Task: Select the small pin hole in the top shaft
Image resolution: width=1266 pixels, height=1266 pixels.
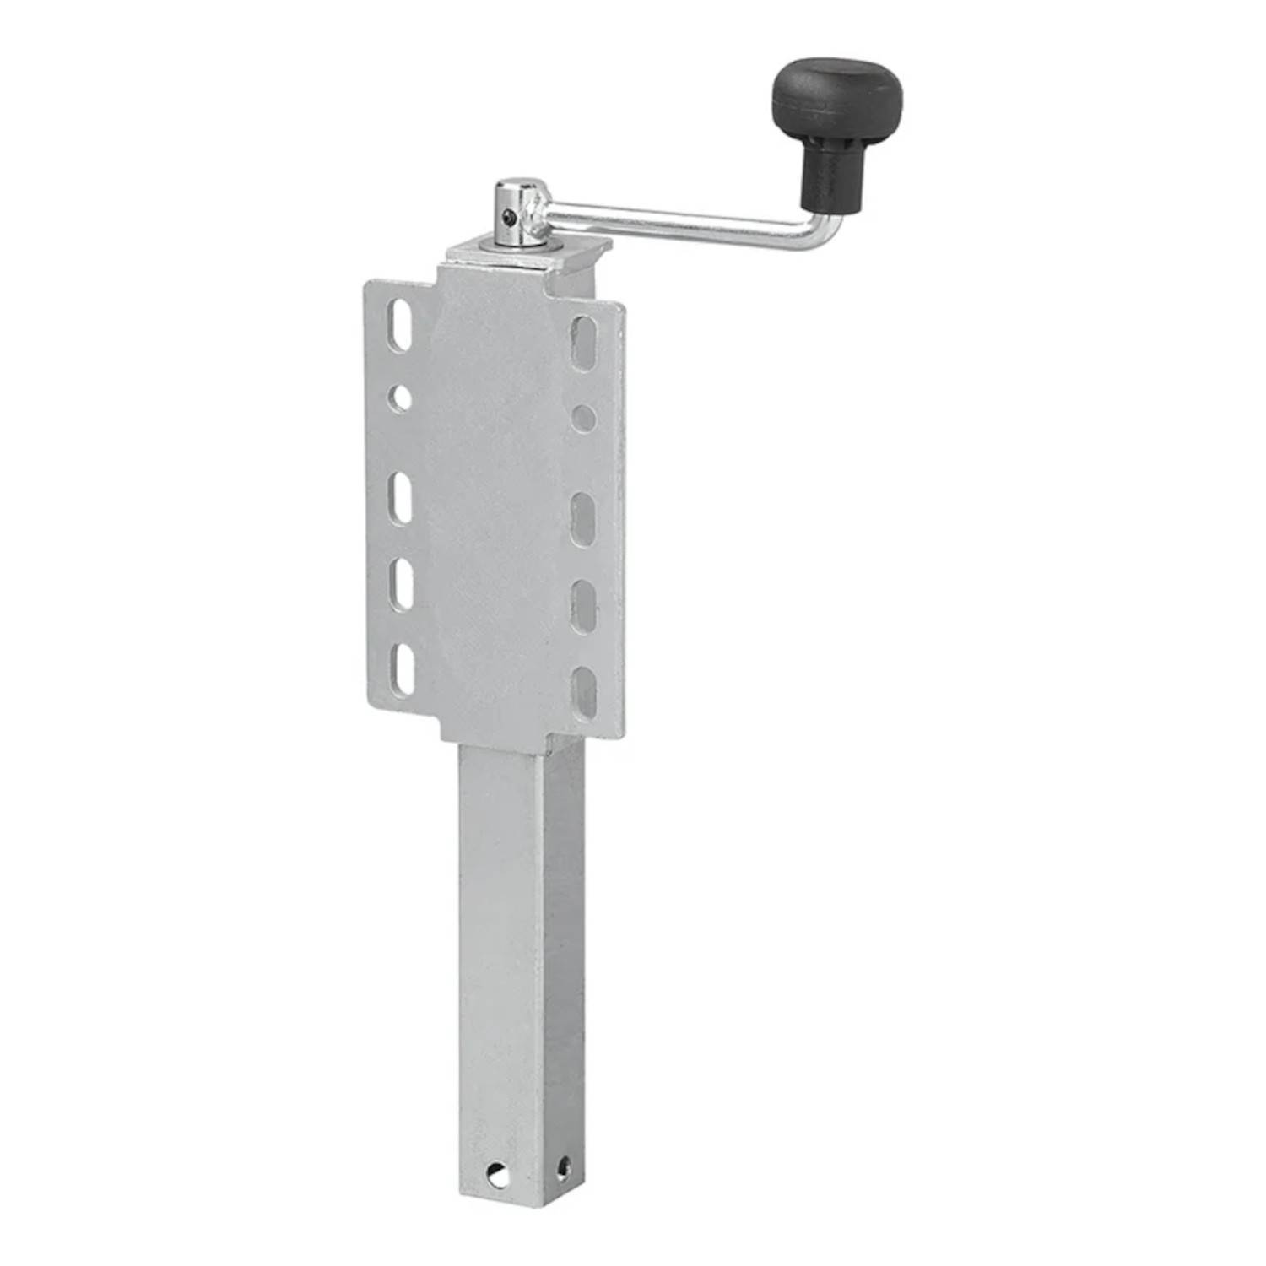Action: tap(506, 219)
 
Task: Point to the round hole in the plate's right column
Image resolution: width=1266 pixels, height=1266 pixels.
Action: tap(583, 417)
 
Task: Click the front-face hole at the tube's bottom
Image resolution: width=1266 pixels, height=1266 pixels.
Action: tap(499, 1173)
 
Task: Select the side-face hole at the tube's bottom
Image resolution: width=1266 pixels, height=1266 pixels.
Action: tap(563, 1166)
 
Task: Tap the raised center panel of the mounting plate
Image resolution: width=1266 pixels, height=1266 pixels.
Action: tap(494, 506)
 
